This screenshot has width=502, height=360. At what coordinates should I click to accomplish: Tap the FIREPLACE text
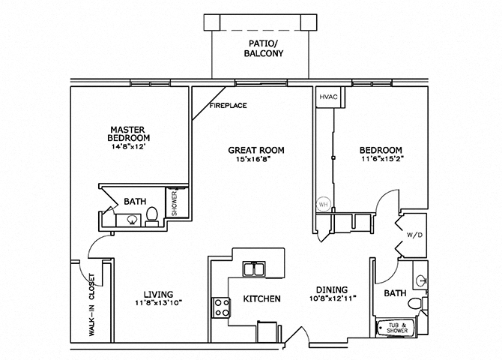point(227,106)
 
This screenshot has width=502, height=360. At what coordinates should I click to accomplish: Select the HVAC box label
point(327,98)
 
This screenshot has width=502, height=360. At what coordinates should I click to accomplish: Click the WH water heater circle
point(324,203)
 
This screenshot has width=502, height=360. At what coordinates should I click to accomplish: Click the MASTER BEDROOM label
point(128,133)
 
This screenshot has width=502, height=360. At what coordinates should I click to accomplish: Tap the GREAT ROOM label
point(256,150)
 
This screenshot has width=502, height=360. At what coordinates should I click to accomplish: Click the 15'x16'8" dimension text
point(256,160)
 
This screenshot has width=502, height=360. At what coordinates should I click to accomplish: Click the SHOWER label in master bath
point(175,202)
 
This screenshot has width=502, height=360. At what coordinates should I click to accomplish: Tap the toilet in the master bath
point(151,215)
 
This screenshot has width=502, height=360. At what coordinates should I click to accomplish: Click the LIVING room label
point(158,293)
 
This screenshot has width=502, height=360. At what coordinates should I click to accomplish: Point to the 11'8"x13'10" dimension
point(158,303)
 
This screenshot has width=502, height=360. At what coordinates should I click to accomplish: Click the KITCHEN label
point(261,298)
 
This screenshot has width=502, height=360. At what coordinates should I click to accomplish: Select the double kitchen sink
point(253,269)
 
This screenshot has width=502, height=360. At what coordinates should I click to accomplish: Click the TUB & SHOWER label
point(394,328)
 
